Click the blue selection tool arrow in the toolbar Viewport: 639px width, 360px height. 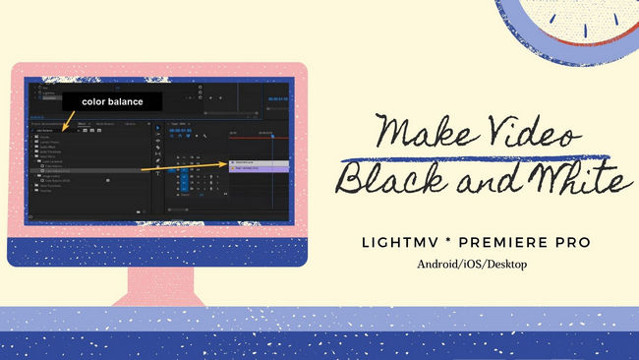click(159, 128)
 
